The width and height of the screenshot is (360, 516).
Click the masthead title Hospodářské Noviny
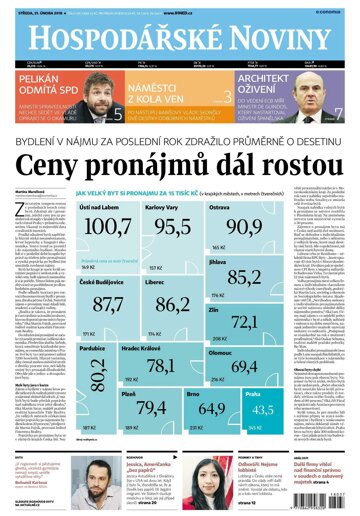[x=180, y=37]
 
